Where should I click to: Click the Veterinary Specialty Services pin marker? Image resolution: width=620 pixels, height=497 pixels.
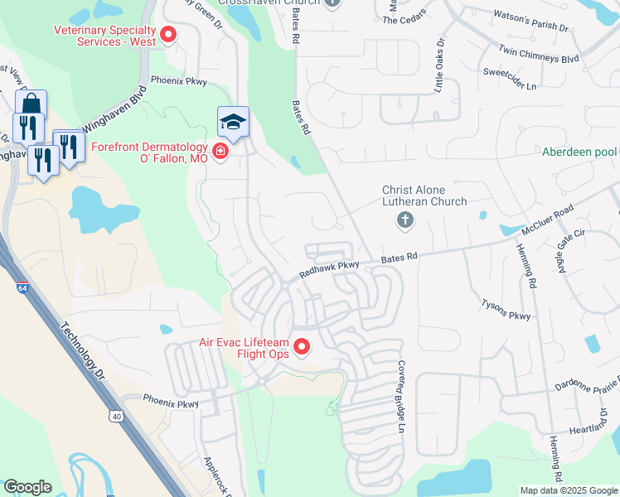point(168,34)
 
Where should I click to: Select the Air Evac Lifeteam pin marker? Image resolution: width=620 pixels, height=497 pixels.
point(302,347)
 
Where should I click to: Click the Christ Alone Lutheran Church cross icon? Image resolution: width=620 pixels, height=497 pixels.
point(404,220)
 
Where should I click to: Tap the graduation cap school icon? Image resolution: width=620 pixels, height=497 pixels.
point(233,123)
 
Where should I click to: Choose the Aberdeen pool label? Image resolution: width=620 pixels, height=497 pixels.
point(579,152)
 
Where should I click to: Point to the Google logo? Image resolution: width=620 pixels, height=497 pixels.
point(27,487)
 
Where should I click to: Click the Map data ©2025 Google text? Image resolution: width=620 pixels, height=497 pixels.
point(569,490)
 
